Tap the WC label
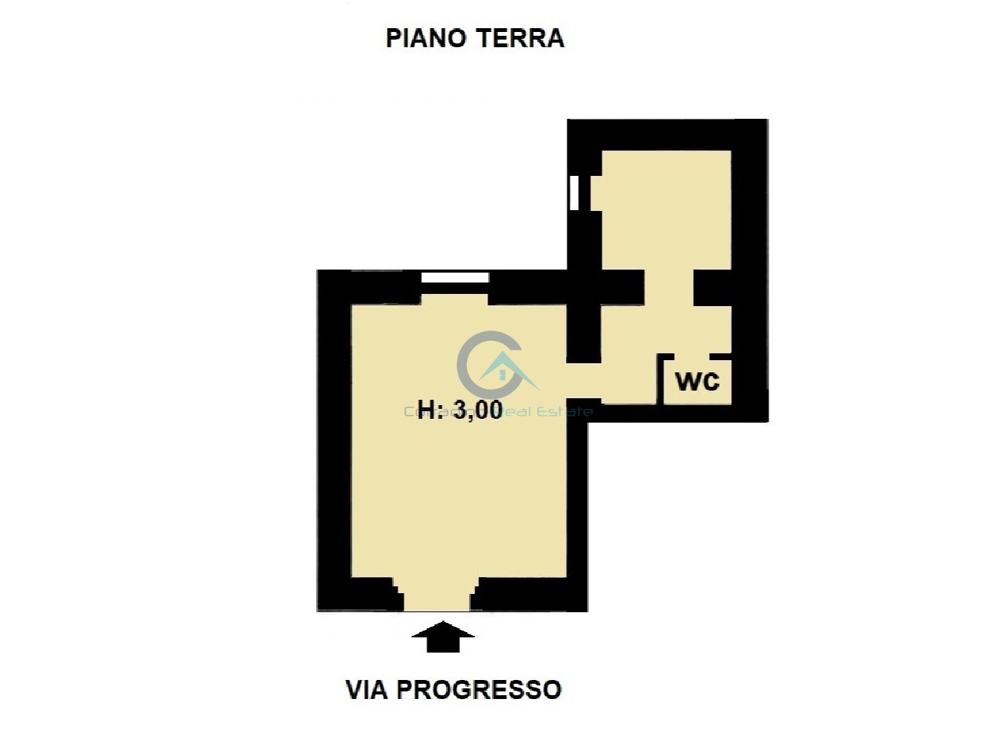697,380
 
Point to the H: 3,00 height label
460,410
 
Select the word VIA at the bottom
367,690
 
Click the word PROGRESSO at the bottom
479,690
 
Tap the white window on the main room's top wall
455,278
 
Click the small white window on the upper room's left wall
574,193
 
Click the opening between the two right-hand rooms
669,288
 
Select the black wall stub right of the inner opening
713,288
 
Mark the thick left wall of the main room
333,442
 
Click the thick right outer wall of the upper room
749,267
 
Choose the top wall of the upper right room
666,135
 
